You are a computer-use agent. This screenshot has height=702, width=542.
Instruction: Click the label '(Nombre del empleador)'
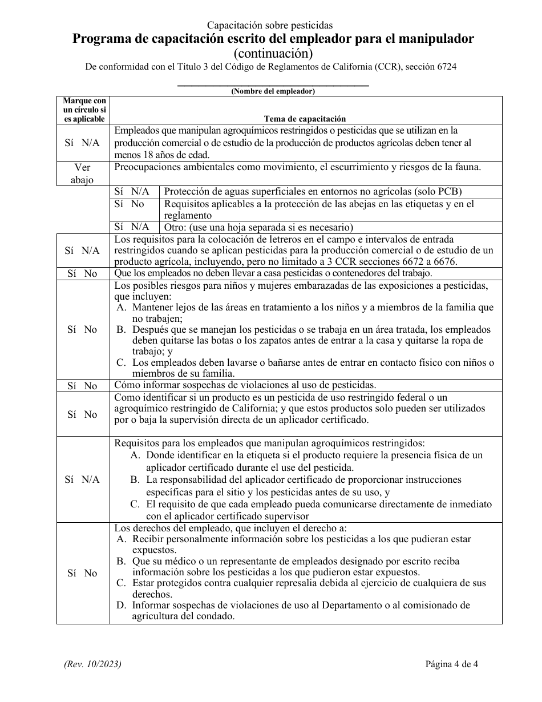[273, 91]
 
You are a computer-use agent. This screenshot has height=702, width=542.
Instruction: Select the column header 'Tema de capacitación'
[305, 119]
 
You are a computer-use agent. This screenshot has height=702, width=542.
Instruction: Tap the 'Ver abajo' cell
[83, 174]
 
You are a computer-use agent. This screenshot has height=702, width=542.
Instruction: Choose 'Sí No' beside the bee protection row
[130, 204]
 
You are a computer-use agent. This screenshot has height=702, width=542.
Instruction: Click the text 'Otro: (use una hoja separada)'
[258, 227]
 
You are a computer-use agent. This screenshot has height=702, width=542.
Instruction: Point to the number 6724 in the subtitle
[446, 66]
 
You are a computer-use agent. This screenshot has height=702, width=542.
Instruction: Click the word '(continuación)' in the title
[273, 53]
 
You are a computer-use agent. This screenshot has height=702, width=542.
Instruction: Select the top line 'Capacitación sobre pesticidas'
[270, 25]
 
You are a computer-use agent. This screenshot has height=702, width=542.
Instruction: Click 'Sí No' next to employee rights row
[83, 573]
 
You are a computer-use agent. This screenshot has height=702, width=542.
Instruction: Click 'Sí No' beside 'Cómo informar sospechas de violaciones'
[83, 386]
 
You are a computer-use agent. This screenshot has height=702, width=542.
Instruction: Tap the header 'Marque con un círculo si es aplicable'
[84, 110]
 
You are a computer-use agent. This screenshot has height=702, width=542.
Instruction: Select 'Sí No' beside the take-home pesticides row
[83, 273]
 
